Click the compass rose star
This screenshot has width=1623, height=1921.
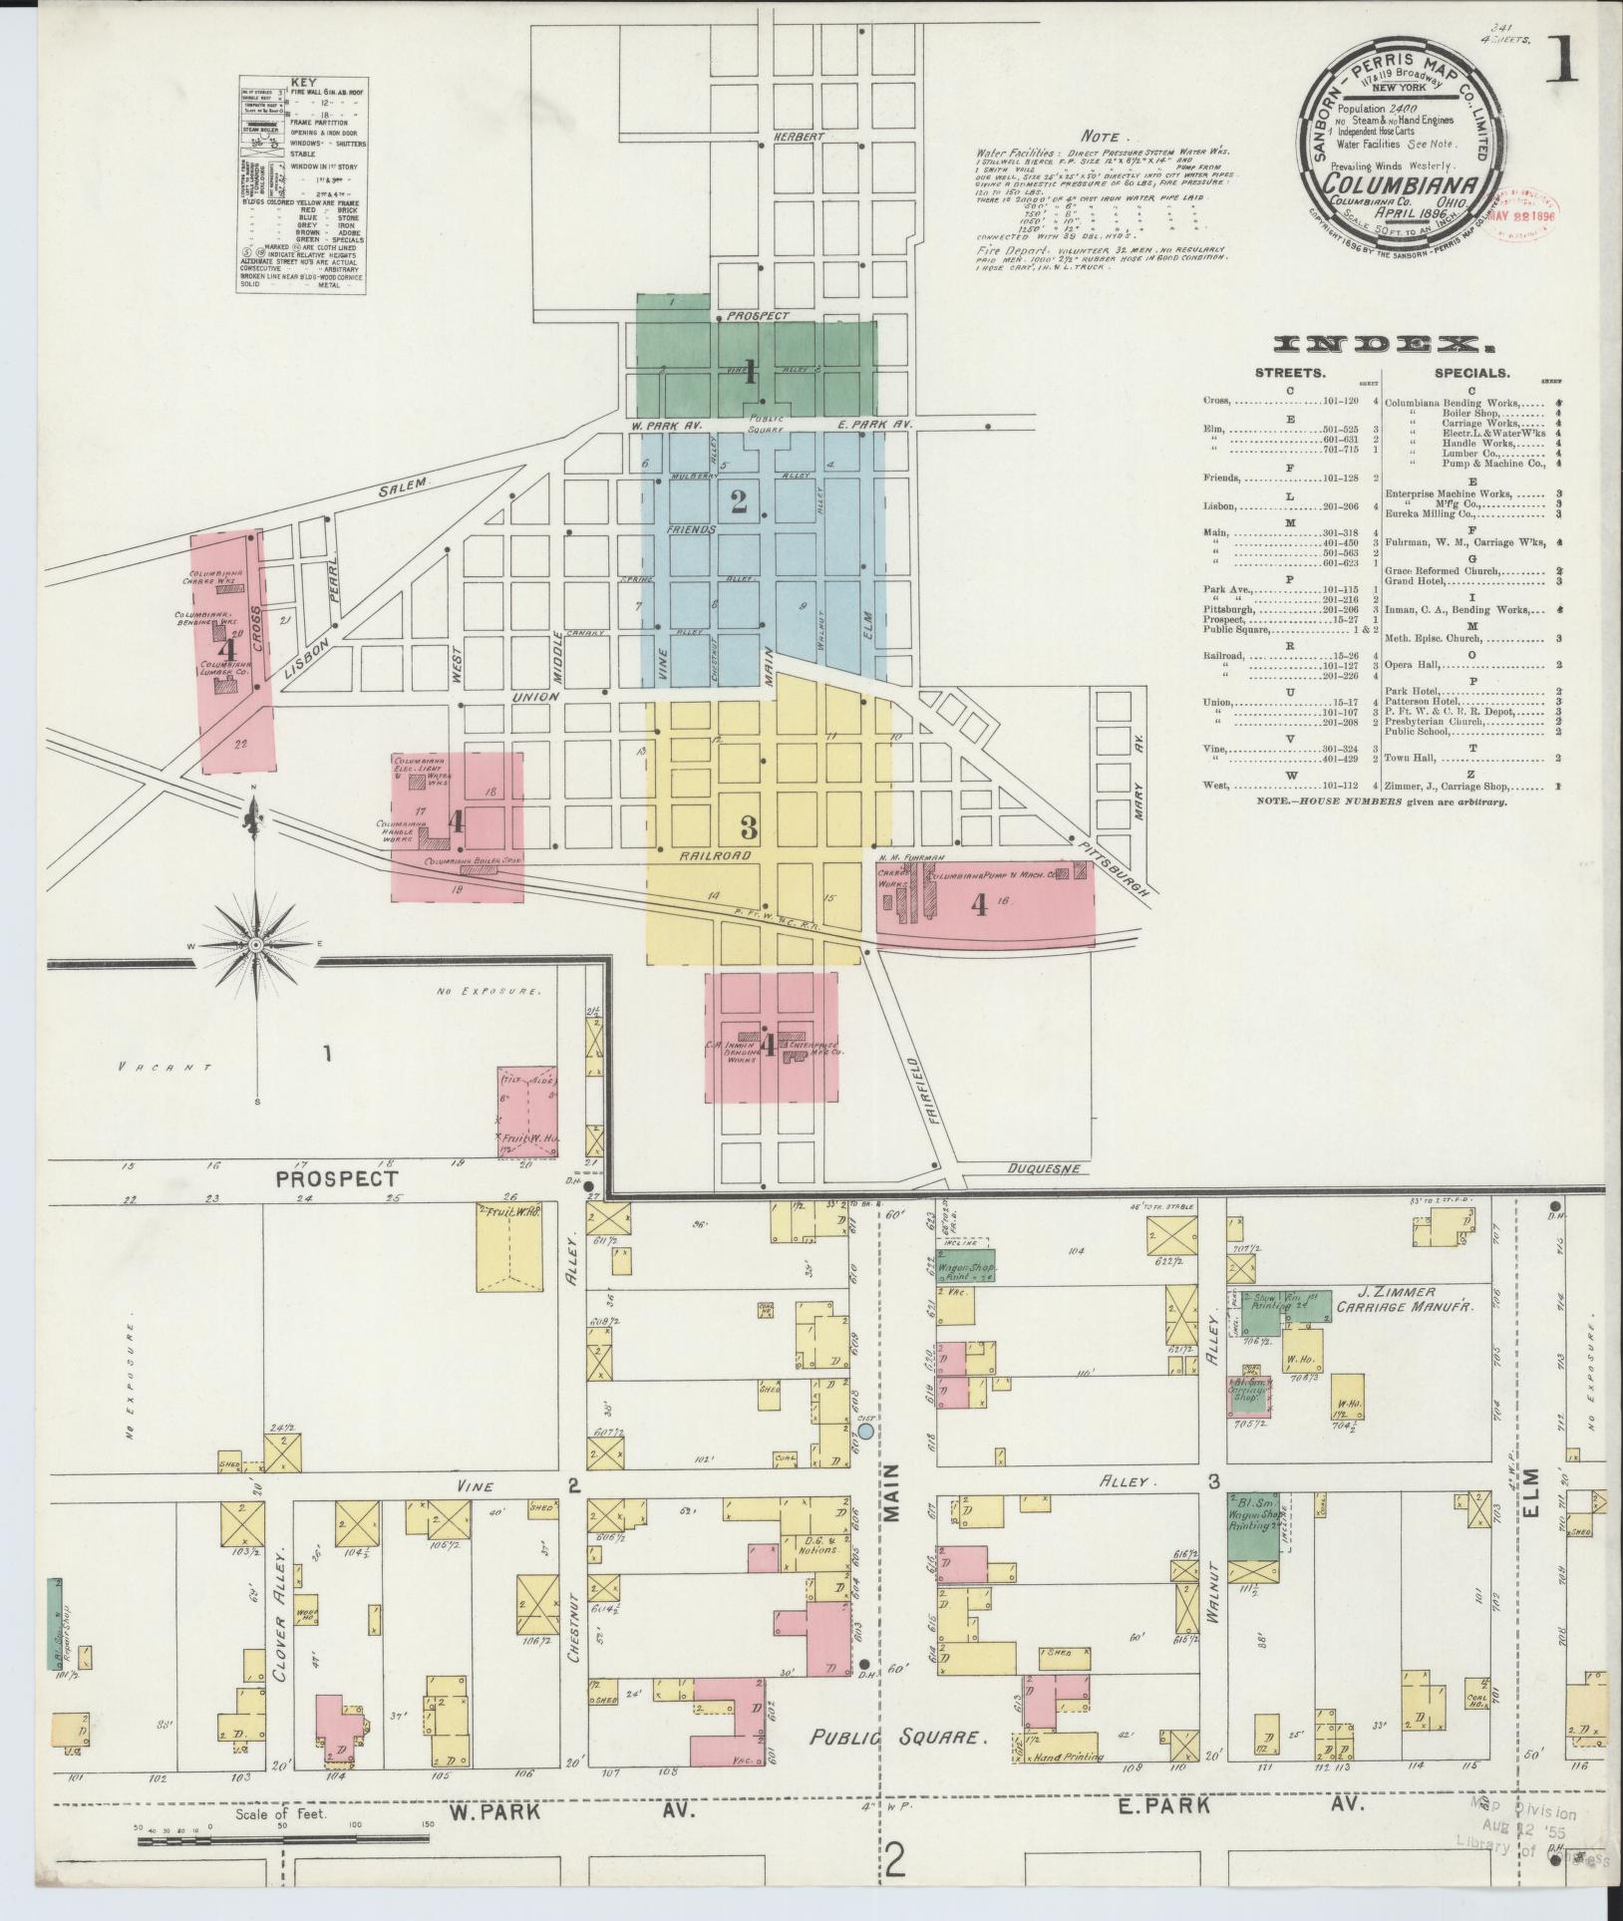point(255,943)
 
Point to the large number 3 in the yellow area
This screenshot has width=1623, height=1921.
point(749,825)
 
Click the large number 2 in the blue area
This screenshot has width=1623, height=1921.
point(738,502)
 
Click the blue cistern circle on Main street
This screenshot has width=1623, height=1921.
point(865,1431)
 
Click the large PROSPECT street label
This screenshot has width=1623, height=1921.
point(337,1178)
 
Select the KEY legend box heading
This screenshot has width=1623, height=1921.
point(301,84)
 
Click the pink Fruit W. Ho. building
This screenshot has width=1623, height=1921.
point(526,1113)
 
